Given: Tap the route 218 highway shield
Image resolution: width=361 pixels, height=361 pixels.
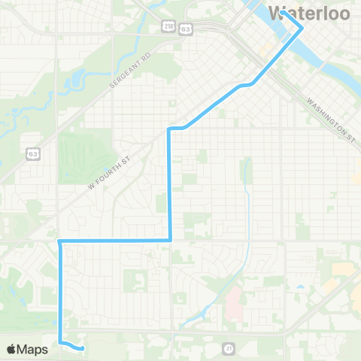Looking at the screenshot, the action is tap(168, 27).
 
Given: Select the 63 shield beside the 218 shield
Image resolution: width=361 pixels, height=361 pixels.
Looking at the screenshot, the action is tap(185, 27).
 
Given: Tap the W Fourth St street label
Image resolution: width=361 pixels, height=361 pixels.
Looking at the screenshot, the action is tap(110, 171).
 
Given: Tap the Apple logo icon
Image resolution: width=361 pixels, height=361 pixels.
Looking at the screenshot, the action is tap(12, 349).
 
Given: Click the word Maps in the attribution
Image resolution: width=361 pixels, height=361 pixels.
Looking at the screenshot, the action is tap(33, 349).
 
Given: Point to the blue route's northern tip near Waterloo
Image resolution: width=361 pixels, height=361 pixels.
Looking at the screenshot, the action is tap(302, 29).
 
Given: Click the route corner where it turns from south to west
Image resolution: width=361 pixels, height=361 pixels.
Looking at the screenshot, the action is tap(171, 241).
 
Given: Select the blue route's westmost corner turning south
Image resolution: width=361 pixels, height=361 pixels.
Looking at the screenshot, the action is tap(59, 241).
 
